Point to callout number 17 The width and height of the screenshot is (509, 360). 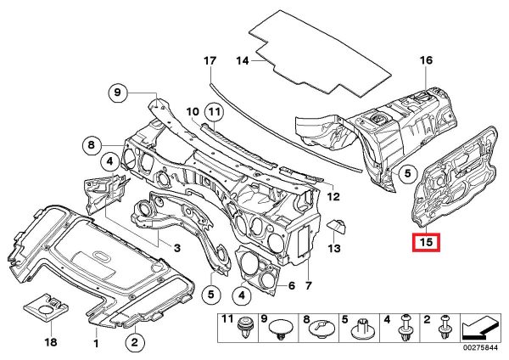click(x=210, y=62)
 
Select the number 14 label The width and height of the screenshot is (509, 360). click(x=242, y=61)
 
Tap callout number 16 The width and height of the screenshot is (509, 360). click(x=426, y=60)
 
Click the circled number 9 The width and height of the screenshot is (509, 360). click(x=119, y=92)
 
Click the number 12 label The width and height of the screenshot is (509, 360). click(x=333, y=197)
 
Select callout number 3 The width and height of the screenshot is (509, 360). click(x=177, y=247)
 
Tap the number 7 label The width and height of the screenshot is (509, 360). click(x=309, y=285)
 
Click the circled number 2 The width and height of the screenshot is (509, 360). click(x=133, y=343)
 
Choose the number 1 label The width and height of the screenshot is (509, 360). click(x=96, y=343)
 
